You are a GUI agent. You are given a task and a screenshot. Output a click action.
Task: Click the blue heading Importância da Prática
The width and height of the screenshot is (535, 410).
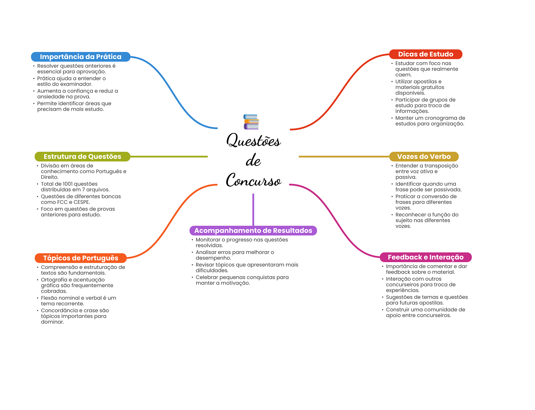click(80, 57)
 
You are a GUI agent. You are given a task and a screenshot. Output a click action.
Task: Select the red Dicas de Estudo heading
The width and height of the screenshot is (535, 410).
click(426, 54)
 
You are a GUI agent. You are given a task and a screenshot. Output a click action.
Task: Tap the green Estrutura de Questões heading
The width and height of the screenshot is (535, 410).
click(82, 157)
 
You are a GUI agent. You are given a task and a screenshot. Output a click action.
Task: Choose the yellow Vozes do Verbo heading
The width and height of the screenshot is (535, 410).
click(424, 157)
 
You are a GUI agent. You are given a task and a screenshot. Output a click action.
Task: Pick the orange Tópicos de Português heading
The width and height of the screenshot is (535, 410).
click(80, 258)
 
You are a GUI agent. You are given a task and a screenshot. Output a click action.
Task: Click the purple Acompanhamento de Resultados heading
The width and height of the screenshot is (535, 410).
click(253, 230)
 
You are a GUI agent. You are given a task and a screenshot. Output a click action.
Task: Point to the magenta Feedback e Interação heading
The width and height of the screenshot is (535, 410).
click(426, 257)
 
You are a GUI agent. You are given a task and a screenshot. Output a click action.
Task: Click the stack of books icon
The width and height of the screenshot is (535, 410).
click(251, 122)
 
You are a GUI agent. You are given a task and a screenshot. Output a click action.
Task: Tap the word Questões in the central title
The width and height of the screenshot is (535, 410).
click(253, 141)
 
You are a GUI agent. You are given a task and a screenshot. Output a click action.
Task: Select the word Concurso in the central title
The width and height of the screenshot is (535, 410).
click(253, 181)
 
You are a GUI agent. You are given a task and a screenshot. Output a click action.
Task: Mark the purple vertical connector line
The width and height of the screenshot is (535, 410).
click(253, 209)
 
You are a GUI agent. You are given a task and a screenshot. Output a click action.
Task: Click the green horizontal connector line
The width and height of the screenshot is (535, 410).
click(169, 157)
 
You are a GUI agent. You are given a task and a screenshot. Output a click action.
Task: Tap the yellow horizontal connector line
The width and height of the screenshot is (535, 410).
click(344, 157)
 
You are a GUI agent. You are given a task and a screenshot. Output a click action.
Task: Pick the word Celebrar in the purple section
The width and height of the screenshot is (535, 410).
click(207, 277)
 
